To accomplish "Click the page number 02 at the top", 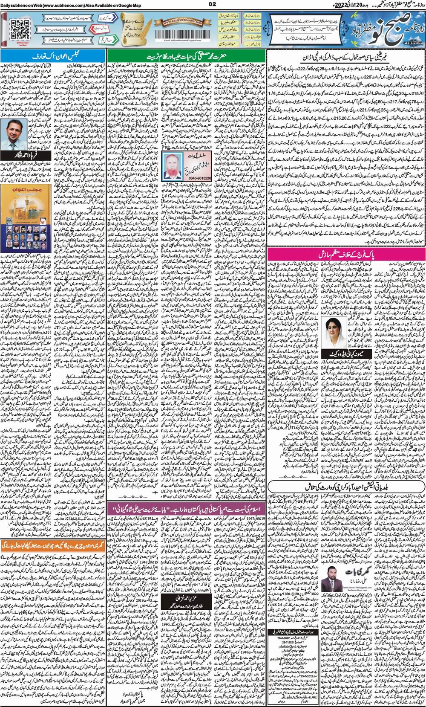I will [x=213, y=5].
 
